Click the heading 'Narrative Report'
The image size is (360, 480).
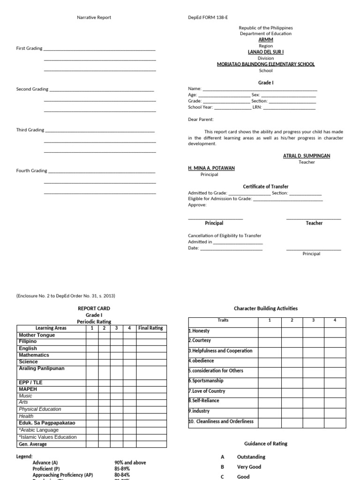pos(94,17)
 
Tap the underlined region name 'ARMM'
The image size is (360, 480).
pos(266,40)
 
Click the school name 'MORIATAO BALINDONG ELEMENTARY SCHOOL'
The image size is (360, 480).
pos(266,64)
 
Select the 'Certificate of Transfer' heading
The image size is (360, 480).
pos(265,187)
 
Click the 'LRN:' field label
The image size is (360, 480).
pos(257,107)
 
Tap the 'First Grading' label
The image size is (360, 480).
pos(29,48)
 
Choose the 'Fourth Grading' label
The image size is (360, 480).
pos(31,171)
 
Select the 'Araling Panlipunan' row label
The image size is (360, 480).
pos(41,368)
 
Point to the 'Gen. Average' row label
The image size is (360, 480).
pos(32,444)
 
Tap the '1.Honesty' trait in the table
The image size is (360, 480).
pos(199,331)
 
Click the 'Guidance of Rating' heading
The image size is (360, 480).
pos(266,443)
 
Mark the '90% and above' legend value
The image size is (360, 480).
pos(130,463)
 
